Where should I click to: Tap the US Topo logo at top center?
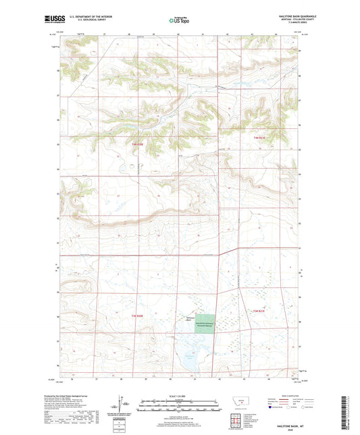[180, 20]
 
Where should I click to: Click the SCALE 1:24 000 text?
[180, 396]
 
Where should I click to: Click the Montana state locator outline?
[239, 402]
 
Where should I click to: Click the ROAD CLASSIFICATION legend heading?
[294, 394]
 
